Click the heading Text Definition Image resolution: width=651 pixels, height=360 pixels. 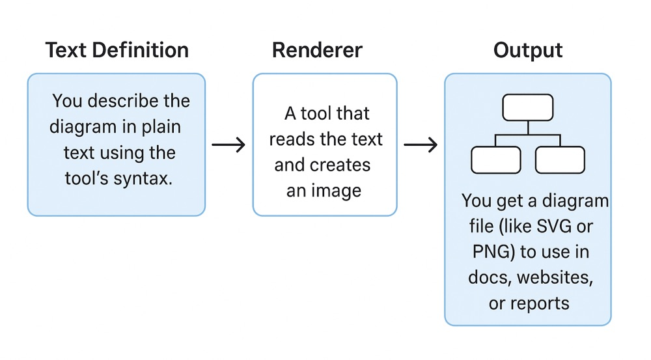click(117, 50)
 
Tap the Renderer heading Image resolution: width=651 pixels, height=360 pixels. click(317, 50)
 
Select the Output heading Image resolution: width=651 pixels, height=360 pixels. click(528, 50)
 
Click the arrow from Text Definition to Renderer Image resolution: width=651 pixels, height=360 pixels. click(229, 145)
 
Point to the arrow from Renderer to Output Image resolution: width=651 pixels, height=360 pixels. click(421, 145)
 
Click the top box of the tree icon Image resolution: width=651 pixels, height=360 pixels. click(528, 107)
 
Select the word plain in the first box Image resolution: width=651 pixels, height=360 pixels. click(159, 127)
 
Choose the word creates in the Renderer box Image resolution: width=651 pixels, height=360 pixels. click(344, 165)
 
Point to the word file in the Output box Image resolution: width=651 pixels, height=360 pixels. click(480, 227)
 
